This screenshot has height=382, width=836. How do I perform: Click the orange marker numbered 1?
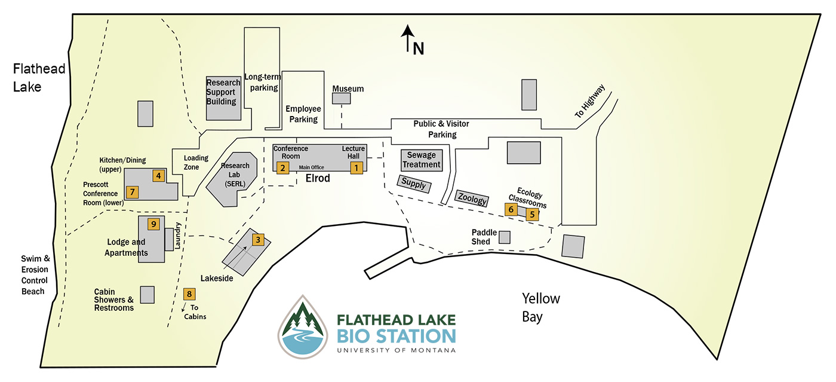coord(356,168)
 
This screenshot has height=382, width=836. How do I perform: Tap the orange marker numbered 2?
coord(282,168)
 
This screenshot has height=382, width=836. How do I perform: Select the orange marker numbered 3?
coord(257,240)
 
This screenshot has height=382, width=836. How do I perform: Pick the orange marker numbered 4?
coord(158,176)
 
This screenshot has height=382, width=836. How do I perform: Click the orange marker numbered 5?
coord(533,215)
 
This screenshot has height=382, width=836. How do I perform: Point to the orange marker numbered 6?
coord(511,209)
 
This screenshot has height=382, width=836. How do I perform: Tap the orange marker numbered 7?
coord(133,192)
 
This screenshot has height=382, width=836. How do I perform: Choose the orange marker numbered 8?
coord(189,294)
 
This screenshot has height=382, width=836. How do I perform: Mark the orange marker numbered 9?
coord(153,224)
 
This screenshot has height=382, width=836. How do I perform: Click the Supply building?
coord(414,184)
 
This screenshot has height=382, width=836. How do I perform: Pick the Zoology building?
coord(472,199)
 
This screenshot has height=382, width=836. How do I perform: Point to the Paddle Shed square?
coord(505,237)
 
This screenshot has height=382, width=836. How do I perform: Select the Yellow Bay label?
coord(540,307)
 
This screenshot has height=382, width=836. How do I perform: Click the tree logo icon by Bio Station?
coord(303,327)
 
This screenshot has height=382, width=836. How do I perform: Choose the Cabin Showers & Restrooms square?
coord(147,295)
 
